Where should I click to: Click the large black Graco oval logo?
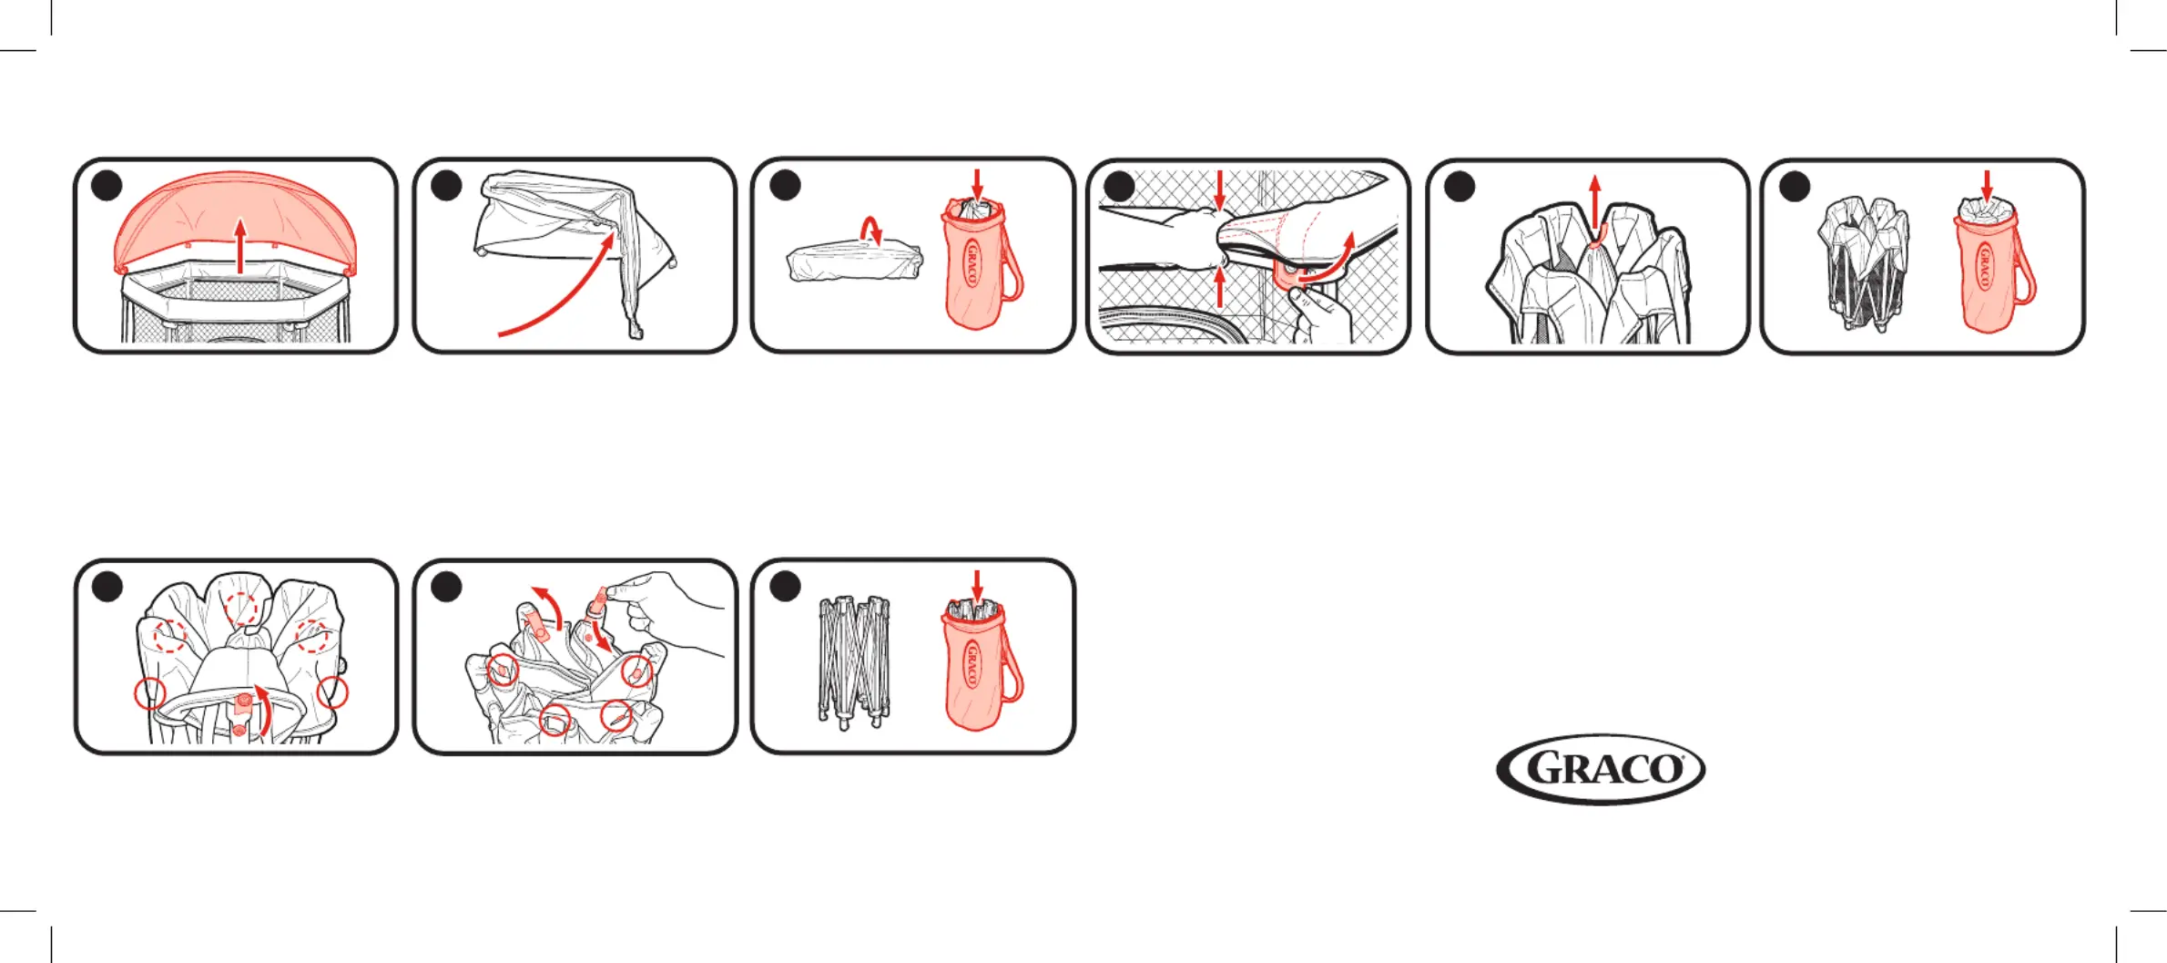pyautogui.click(x=1601, y=769)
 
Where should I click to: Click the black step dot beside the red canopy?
pyautogui.click(x=107, y=185)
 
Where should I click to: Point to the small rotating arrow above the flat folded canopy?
pyautogui.click(x=872, y=228)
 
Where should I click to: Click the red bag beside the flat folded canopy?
pyautogui.click(x=980, y=263)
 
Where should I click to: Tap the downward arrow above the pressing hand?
pyautogui.click(x=1220, y=190)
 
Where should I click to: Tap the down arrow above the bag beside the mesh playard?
pyautogui.click(x=1987, y=185)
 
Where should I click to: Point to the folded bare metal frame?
pyautogui.click(x=854, y=661)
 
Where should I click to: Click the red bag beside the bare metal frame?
pyautogui.click(x=980, y=664)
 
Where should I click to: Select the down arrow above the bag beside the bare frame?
pyautogui.click(x=978, y=586)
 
